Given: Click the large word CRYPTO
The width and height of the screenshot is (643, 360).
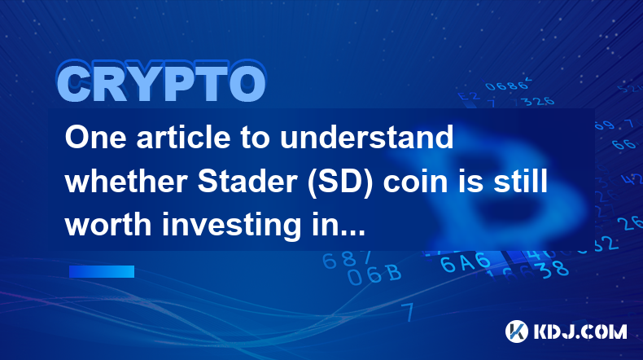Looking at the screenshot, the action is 162,82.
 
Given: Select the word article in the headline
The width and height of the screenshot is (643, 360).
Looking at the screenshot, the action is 183,137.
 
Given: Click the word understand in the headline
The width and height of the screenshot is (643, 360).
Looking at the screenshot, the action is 366,137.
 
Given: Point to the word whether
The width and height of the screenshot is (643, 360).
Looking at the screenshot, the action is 126,181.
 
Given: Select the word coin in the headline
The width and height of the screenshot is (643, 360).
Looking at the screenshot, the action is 415,181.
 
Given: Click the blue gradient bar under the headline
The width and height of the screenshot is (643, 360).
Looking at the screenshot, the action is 102,271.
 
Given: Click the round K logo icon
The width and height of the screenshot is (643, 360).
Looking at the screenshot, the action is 516,331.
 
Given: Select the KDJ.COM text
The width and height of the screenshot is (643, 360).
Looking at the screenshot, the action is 580,331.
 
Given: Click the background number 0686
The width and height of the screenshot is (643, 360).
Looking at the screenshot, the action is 506,86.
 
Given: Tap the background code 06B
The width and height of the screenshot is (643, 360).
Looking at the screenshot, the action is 374,274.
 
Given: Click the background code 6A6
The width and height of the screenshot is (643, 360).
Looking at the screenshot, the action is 466,262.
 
